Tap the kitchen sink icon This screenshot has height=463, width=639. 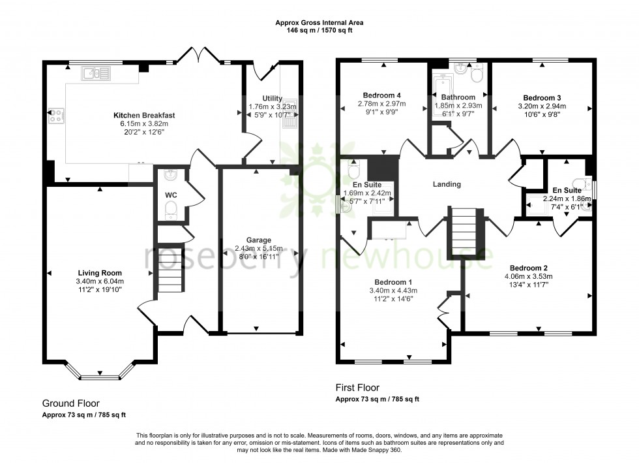pyautogui.click(x=96, y=74)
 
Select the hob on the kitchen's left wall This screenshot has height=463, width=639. pyautogui.click(x=57, y=116)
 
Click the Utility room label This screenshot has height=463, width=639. pyautogui.click(x=272, y=99)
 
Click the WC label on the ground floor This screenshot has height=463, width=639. pyautogui.click(x=171, y=195)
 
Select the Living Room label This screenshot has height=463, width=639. pyautogui.click(x=100, y=273)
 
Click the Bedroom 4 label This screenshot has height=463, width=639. pyautogui.click(x=381, y=95)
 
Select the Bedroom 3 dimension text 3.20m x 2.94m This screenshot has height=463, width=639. pyautogui.click(x=541, y=106)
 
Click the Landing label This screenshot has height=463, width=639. pyautogui.click(x=447, y=185)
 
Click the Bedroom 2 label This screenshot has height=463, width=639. pyautogui.click(x=528, y=268)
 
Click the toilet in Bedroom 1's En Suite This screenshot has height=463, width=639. pyautogui.click(x=354, y=171)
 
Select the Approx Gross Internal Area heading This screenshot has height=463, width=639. pyautogui.click(x=319, y=23)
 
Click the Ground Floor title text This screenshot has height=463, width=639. pyautogui.click(x=70, y=404)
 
